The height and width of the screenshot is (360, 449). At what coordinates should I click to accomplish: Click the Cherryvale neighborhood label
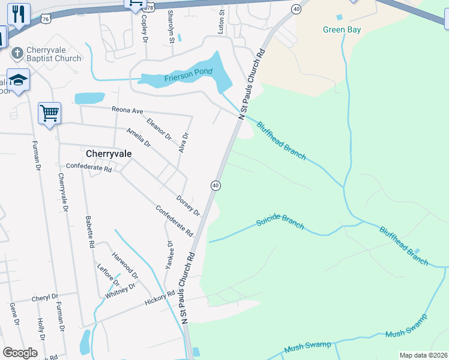coord(109,154)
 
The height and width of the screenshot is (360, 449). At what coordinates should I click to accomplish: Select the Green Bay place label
coord(342,29)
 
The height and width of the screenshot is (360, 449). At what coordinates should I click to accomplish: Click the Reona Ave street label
coord(128,110)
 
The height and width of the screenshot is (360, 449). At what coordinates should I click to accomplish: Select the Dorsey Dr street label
coord(188,205)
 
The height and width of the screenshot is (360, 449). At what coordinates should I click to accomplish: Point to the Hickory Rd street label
coord(159,298)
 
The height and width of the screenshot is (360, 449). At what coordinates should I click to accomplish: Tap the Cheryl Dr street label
coord(45,297)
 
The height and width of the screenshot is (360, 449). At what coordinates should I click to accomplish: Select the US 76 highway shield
coord(46,19)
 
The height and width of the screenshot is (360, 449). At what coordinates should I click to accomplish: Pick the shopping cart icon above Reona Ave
coord(49,112)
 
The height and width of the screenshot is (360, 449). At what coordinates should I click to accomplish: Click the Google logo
coord(20,353)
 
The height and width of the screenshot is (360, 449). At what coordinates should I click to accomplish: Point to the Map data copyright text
coord(423,355)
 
